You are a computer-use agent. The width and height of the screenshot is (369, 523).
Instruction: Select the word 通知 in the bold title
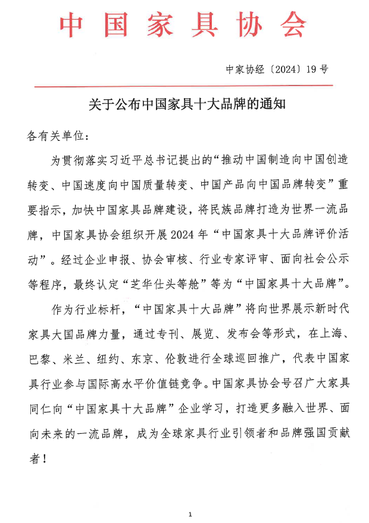273,105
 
